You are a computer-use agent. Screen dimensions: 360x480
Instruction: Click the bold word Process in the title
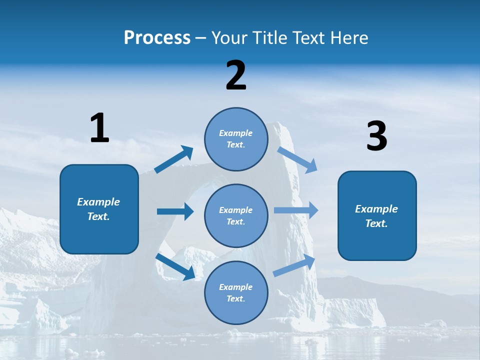pos(157,38)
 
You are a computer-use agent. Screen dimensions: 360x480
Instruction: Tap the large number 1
pos(99,128)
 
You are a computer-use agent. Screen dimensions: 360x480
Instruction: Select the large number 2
pos(236,75)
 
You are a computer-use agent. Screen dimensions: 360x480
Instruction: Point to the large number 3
pos(376,136)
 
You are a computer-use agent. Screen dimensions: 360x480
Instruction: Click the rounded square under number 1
pos(99,209)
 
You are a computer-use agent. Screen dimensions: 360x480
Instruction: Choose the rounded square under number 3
pos(377,216)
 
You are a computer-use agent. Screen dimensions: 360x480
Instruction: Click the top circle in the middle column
pos(236,139)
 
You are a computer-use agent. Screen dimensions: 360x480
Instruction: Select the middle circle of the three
pos(236,215)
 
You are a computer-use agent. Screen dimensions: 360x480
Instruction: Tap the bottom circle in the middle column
pos(236,292)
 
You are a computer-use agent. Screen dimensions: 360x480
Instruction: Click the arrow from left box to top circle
pos(173,159)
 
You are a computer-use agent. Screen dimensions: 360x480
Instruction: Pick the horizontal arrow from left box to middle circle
pos(175,211)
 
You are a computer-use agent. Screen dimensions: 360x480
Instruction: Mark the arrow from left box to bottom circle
pos(175,266)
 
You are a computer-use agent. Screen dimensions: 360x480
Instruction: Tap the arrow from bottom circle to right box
pos(294,265)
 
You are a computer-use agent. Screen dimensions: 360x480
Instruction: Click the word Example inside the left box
pos(98,202)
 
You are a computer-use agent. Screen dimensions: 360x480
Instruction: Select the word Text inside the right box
pos(376,223)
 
